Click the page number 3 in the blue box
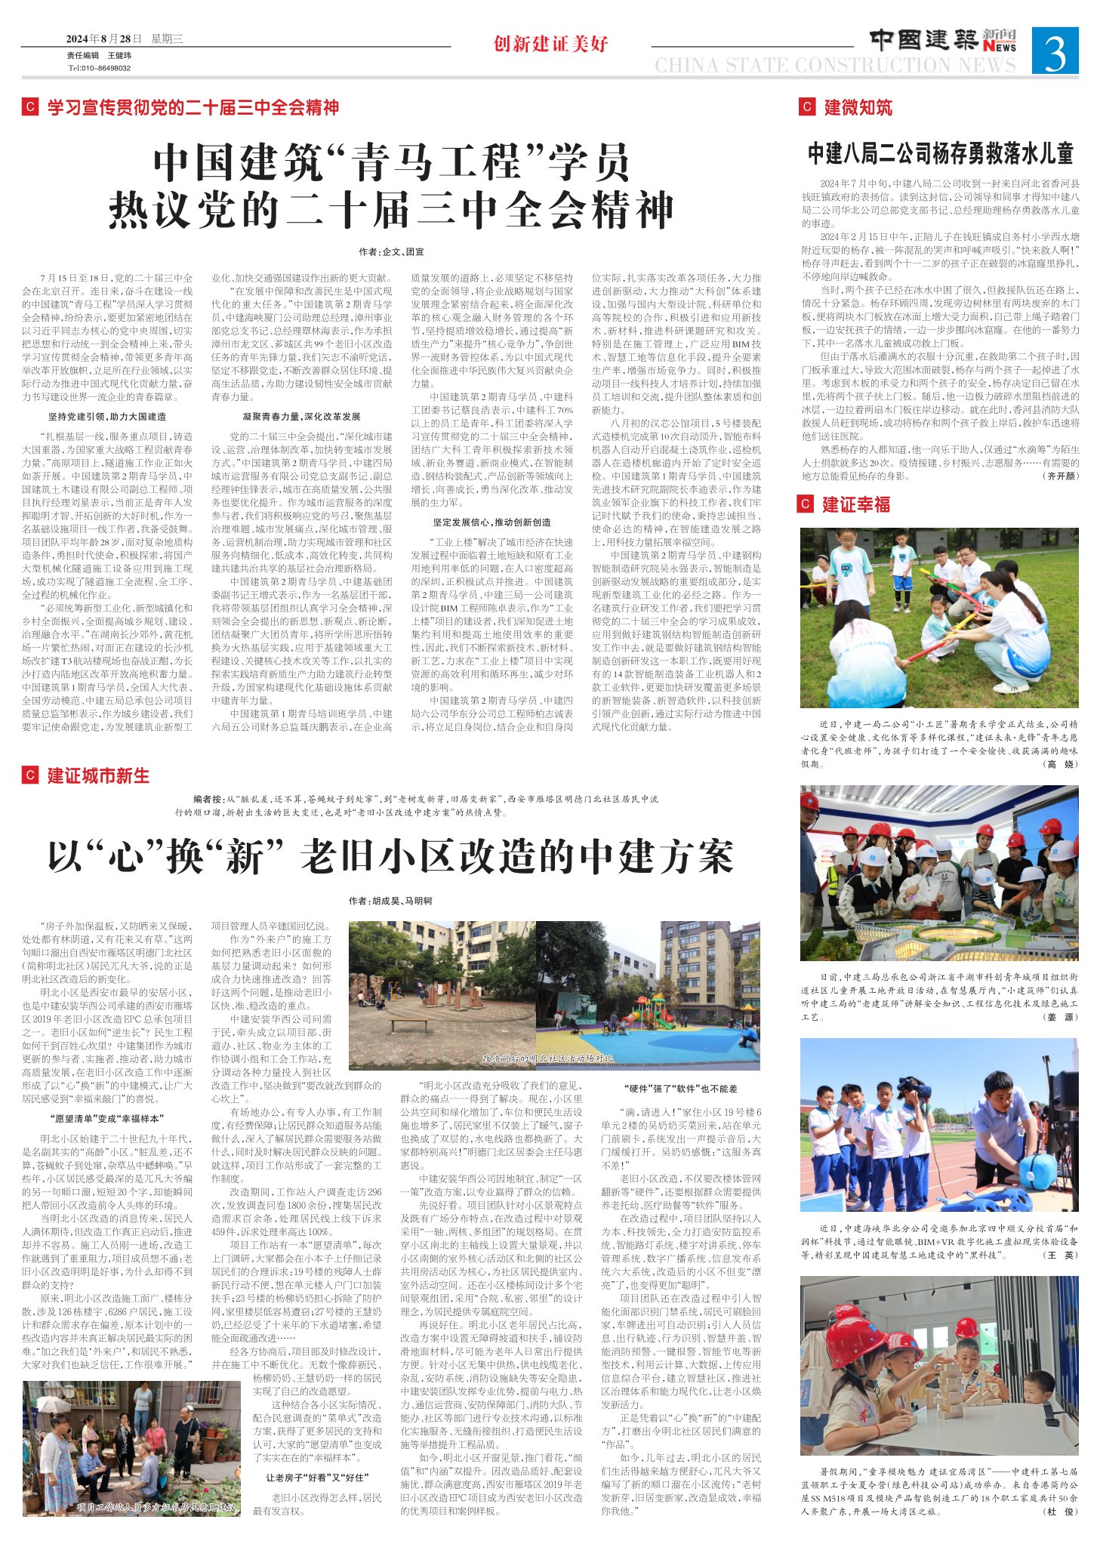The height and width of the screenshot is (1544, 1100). point(1055,51)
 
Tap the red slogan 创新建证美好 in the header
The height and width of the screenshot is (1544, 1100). point(550,44)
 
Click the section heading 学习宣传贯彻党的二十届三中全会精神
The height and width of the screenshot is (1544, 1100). point(193,107)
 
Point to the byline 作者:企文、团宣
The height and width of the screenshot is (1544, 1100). point(391,252)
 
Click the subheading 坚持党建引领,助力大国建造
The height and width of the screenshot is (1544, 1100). point(106,416)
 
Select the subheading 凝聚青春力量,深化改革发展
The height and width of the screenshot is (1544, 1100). point(301,416)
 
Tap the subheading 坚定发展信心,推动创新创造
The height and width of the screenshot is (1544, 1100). point(491,522)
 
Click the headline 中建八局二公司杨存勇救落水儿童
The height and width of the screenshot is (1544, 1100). point(940,154)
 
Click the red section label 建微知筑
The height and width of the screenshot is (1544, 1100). point(858,107)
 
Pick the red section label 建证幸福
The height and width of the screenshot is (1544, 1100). point(856,504)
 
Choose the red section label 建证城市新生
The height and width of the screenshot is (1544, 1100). point(98,775)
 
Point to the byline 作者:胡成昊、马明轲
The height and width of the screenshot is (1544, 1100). point(390,901)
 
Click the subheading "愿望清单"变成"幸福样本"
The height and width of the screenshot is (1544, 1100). point(106,1118)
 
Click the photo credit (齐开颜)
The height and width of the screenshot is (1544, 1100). point(1060,476)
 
